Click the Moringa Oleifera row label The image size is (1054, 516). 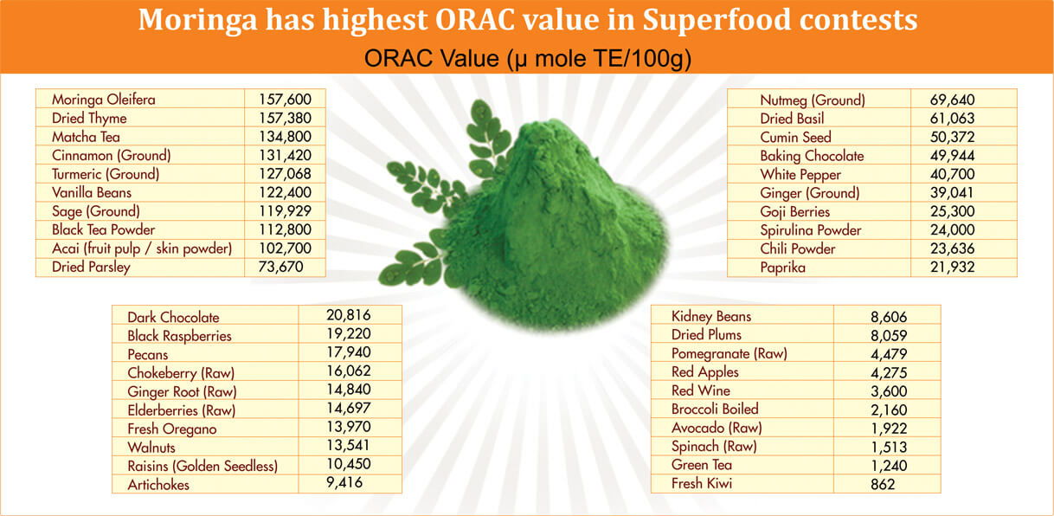103,100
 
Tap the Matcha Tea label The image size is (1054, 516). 86,137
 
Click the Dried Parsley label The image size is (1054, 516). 91,267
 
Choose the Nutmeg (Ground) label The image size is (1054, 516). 812,100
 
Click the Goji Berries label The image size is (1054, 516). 794,211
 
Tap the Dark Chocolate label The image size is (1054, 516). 173,317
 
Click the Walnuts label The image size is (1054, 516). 152,447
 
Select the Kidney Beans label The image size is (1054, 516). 711,316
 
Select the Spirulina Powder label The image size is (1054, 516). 810,230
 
